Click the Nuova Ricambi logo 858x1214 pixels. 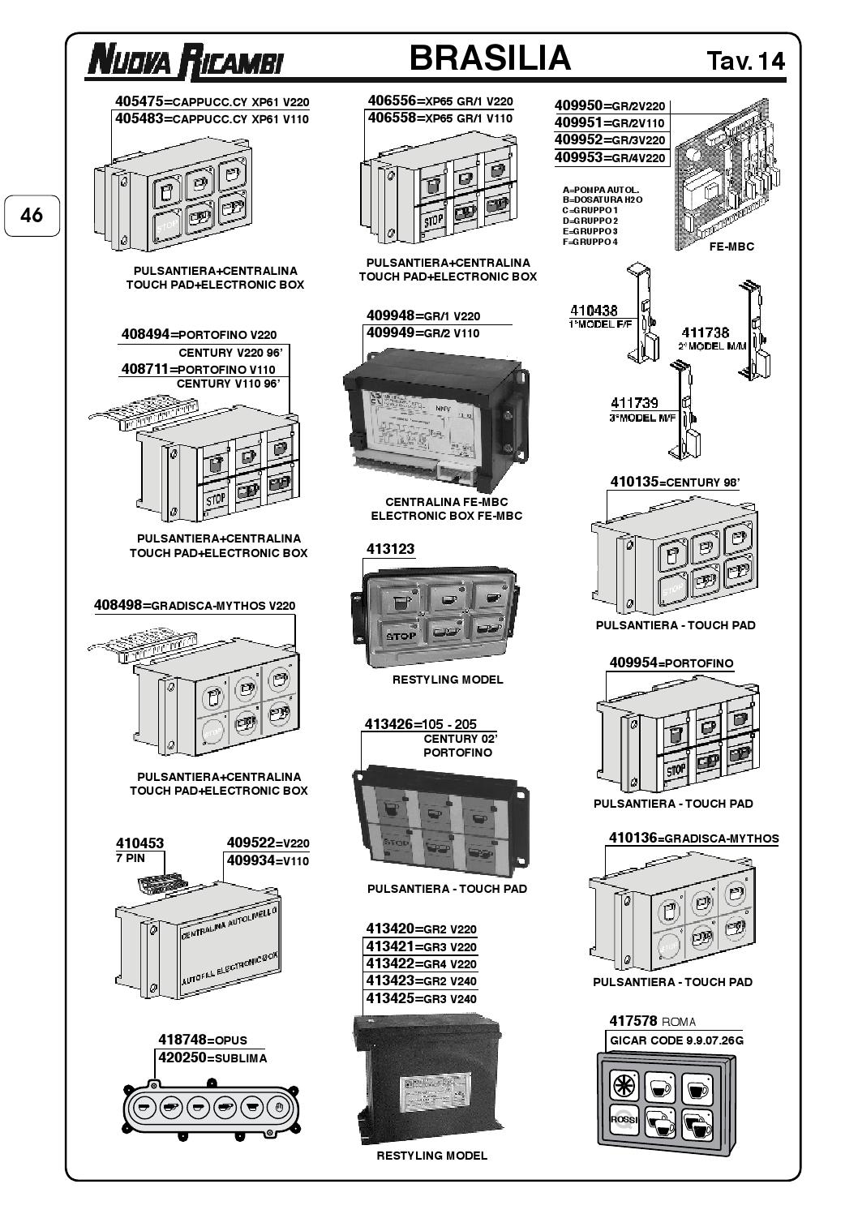pyautogui.click(x=185, y=61)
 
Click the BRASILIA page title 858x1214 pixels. pyautogui.click(x=490, y=58)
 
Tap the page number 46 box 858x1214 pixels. pyautogui.click(x=32, y=215)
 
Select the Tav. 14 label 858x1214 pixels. pyautogui.click(x=746, y=62)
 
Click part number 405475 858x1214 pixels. pyautogui.click(x=139, y=102)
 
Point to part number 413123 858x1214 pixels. pyautogui.click(x=390, y=549)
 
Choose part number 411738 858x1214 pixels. pyautogui.click(x=705, y=332)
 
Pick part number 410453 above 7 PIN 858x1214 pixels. pyautogui.click(x=139, y=843)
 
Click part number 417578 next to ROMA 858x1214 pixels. pyautogui.click(x=633, y=1021)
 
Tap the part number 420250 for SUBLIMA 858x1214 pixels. pyautogui.click(x=182, y=1057)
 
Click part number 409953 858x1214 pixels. pyautogui.click(x=578, y=157)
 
